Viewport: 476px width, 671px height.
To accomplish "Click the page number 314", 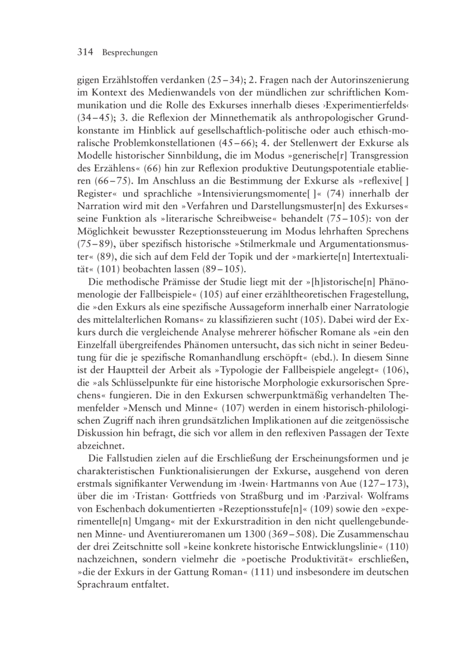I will [x=87, y=52].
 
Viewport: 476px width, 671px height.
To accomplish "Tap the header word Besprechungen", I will [x=129, y=53].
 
